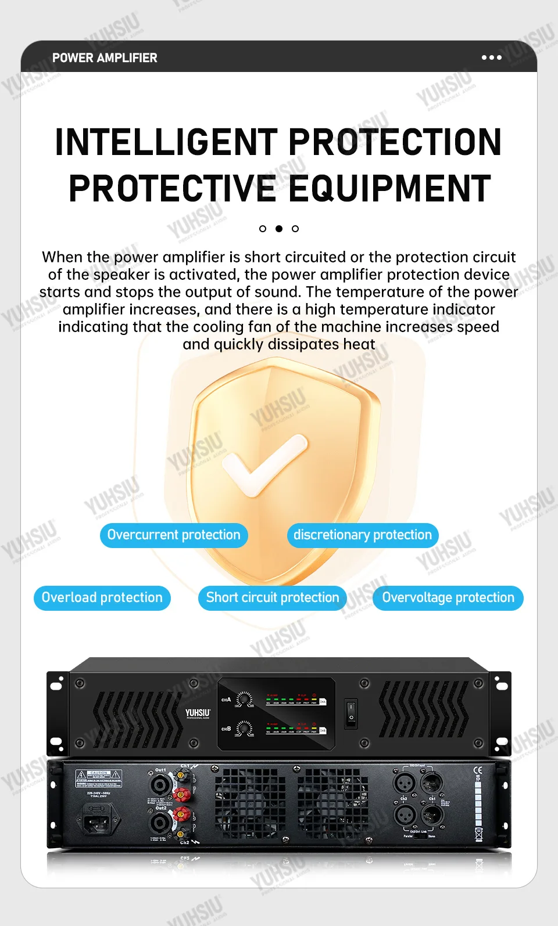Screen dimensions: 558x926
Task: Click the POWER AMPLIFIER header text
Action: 105,58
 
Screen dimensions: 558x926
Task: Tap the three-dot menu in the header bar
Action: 491,57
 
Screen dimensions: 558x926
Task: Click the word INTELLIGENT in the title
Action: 166,142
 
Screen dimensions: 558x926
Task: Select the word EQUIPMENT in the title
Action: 390,189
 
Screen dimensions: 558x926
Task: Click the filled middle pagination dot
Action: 279,229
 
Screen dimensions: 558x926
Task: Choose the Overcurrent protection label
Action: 173,535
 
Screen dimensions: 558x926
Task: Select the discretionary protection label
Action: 363,535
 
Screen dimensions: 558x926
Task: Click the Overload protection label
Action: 102,598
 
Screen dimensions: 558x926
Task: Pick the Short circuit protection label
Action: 273,598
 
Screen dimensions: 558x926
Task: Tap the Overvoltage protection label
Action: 448,598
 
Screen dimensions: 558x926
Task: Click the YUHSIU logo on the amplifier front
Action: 198,713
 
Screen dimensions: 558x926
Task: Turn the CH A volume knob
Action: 245,700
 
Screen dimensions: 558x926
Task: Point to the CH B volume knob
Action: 245,729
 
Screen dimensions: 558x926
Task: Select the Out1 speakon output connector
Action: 160,785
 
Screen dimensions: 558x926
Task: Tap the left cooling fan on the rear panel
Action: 250,803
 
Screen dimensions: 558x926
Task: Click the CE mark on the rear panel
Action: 478,771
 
